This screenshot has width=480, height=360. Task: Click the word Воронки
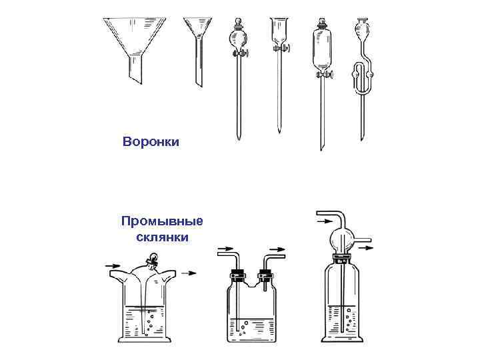[x=151, y=141]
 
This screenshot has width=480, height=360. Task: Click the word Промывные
[x=162, y=221]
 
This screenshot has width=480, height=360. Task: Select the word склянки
[x=162, y=237]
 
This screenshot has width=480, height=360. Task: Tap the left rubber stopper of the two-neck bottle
[x=235, y=273]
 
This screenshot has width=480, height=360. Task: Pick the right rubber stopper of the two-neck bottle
[x=265, y=273]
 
